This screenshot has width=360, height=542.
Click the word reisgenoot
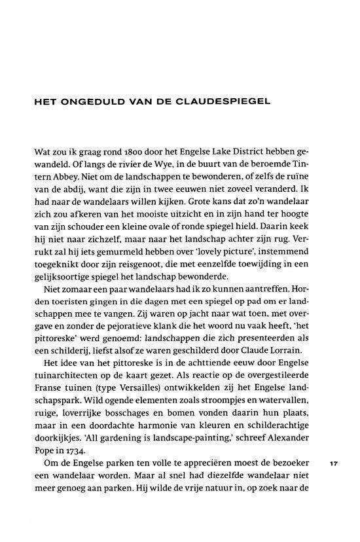[x=135, y=268]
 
